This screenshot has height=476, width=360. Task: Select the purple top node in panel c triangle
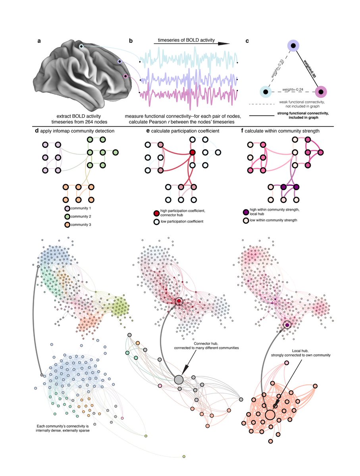(x=293, y=47)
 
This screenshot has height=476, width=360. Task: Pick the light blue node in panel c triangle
(x=265, y=92)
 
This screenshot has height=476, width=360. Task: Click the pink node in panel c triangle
(x=320, y=92)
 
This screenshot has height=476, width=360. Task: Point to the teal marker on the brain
(x=81, y=47)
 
